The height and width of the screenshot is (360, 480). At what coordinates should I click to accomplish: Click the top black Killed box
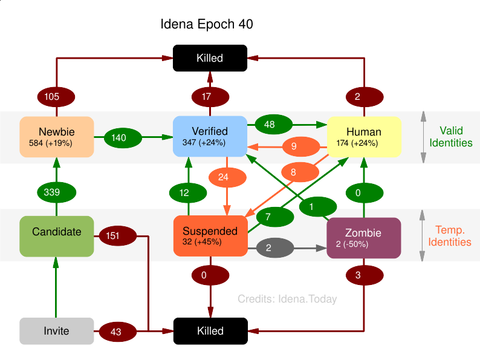coord(210,58)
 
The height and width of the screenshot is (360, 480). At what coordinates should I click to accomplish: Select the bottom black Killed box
coord(210,331)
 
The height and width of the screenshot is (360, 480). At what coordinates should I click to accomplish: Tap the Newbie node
coord(56,137)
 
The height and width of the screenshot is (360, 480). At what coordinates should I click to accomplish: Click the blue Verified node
coord(210,137)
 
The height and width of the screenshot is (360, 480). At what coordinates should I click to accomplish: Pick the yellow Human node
coord(364,137)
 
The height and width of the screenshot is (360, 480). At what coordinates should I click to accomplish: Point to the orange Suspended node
coord(210,235)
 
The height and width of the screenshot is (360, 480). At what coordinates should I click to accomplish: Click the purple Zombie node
coord(363,238)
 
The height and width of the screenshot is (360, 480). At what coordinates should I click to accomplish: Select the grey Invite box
coord(56,331)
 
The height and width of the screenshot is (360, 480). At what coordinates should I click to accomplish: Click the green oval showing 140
coord(118,138)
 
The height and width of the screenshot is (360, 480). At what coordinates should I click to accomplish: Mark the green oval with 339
coord(56,192)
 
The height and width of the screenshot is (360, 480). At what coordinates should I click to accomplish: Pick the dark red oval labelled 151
coord(112,236)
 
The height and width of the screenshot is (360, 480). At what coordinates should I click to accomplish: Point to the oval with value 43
coord(115,332)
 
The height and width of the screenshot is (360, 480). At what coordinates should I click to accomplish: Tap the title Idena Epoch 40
coord(207,25)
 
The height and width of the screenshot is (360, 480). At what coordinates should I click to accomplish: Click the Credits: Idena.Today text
coord(287,299)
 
